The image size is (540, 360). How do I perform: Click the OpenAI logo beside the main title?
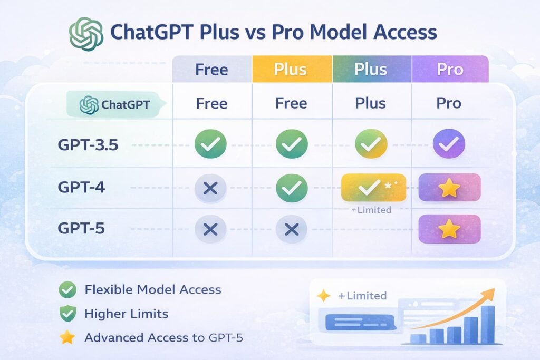pyautogui.click(x=86, y=33)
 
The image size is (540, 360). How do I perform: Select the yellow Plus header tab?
pyautogui.click(x=292, y=69)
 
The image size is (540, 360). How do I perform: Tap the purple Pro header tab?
pyautogui.click(x=450, y=69)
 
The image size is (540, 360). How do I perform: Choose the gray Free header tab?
pyautogui.click(x=211, y=69)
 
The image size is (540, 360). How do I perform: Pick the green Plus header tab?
pyautogui.click(x=371, y=69)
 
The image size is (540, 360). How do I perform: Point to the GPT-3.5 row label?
pyautogui.click(x=89, y=145)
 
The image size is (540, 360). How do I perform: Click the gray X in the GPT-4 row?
pyautogui.click(x=210, y=188)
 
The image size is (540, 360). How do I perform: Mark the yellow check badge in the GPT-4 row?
pyautogui.click(x=373, y=187)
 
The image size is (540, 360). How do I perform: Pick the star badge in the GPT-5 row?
pyautogui.click(x=449, y=229)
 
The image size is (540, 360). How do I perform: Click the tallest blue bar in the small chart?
pyautogui.click(x=487, y=324)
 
